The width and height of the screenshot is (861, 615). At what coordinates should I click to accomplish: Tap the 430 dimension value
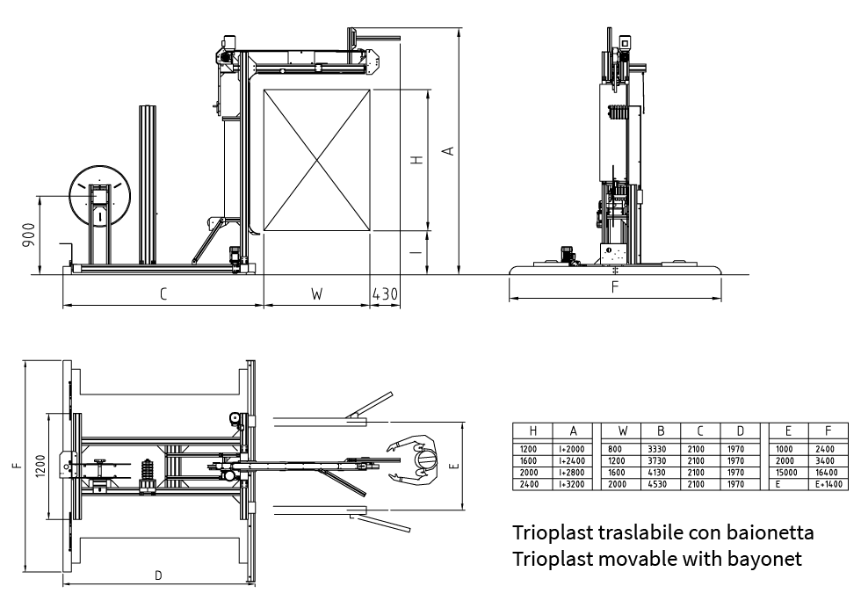point(385,294)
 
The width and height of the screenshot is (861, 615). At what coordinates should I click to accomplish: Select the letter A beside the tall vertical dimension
point(448,151)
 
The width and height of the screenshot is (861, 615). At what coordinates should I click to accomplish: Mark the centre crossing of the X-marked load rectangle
point(317,160)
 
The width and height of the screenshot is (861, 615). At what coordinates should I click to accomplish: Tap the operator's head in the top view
point(425,459)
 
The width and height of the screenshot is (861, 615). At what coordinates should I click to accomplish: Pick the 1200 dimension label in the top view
point(40,467)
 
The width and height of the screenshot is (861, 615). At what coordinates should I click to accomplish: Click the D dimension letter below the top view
point(158,576)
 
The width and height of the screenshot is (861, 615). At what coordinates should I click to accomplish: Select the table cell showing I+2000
point(571,449)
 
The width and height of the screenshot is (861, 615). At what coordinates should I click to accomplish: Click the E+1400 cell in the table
point(828,484)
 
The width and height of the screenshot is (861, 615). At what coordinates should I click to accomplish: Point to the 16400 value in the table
point(828,473)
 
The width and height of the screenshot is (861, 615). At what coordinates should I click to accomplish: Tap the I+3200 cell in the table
point(571,484)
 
